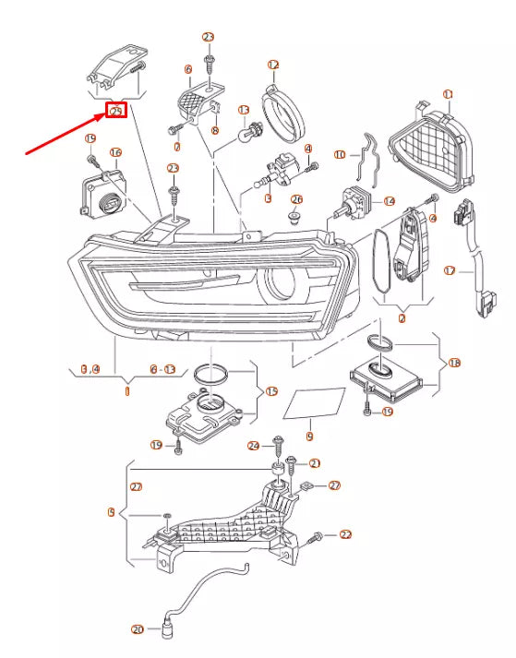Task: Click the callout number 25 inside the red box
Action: (x=115, y=112)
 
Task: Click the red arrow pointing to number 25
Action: (x=65, y=132)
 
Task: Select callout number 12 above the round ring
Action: (x=273, y=65)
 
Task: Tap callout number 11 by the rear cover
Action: (x=449, y=94)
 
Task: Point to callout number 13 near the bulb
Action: (x=245, y=110)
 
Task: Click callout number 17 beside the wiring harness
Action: (x=450, y=271)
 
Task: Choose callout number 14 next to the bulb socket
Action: (x=389, y=200)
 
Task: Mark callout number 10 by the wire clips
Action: (x=340, y=155)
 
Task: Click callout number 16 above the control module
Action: (x=115, y=152)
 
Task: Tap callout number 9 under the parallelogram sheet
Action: (x=309, y=436)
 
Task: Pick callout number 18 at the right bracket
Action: (x=453, y=364)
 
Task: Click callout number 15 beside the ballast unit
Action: (x=270, y=391)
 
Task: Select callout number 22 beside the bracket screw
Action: (x=346, y=534)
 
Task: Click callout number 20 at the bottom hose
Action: (x=138, y=630)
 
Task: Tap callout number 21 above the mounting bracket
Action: (x=314, y=463)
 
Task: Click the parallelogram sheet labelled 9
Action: (x=313, y=403)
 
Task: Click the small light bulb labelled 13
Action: (x=246, y=133)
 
